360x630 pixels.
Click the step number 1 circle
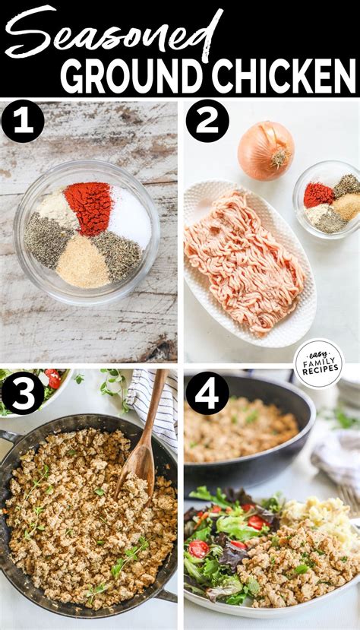(22, 121)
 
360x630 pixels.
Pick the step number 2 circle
(207, 121)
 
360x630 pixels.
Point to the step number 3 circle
(22, 394)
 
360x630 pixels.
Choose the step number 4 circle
(207, 394)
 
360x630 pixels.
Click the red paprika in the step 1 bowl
(89, 207)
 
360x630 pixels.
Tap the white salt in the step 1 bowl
(129, 216)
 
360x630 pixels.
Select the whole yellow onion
(265, 150)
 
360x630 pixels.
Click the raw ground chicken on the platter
(243, 258)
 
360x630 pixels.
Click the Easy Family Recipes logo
(318, 362)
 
